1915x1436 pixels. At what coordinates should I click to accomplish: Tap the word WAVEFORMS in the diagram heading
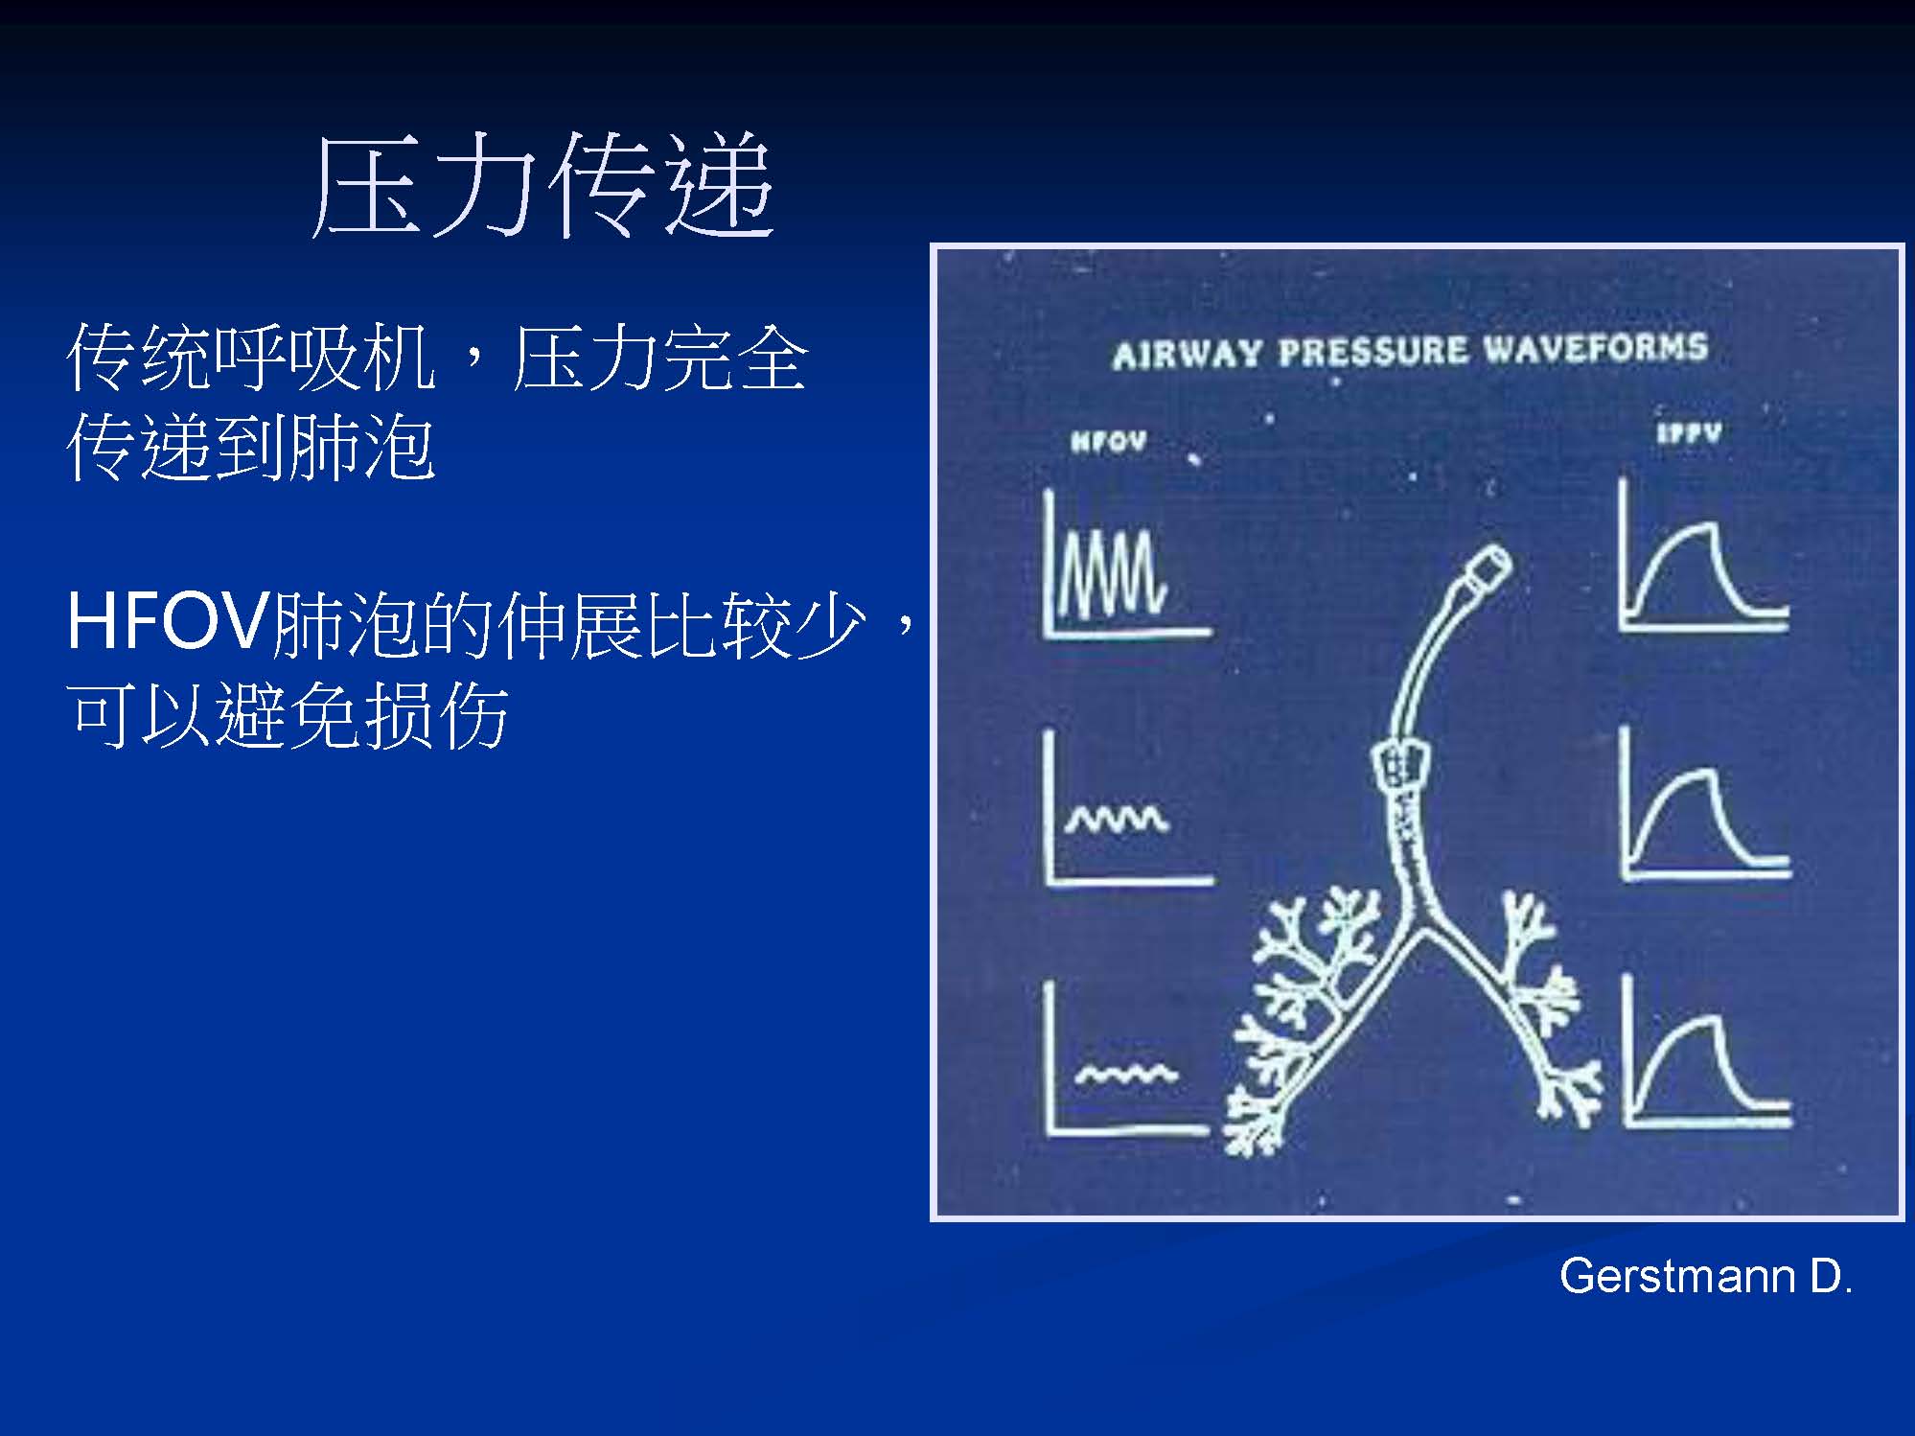1595,347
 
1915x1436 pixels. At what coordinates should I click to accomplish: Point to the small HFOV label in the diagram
1108,441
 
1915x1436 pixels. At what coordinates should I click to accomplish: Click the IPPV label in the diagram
1689,433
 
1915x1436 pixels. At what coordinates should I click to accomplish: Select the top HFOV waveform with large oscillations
1126,566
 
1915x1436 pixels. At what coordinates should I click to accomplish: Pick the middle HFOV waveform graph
1128,809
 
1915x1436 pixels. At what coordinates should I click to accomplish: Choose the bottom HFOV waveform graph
1127,1059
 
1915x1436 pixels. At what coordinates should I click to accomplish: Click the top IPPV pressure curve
1702,556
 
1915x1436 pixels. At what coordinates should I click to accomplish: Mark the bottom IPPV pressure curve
1707,1052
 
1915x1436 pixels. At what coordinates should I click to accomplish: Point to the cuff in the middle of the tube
1400,765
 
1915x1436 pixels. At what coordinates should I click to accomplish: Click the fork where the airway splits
1417,922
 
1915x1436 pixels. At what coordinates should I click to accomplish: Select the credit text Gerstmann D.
1706,1277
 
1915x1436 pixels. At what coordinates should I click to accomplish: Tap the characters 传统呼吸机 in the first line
251,358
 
